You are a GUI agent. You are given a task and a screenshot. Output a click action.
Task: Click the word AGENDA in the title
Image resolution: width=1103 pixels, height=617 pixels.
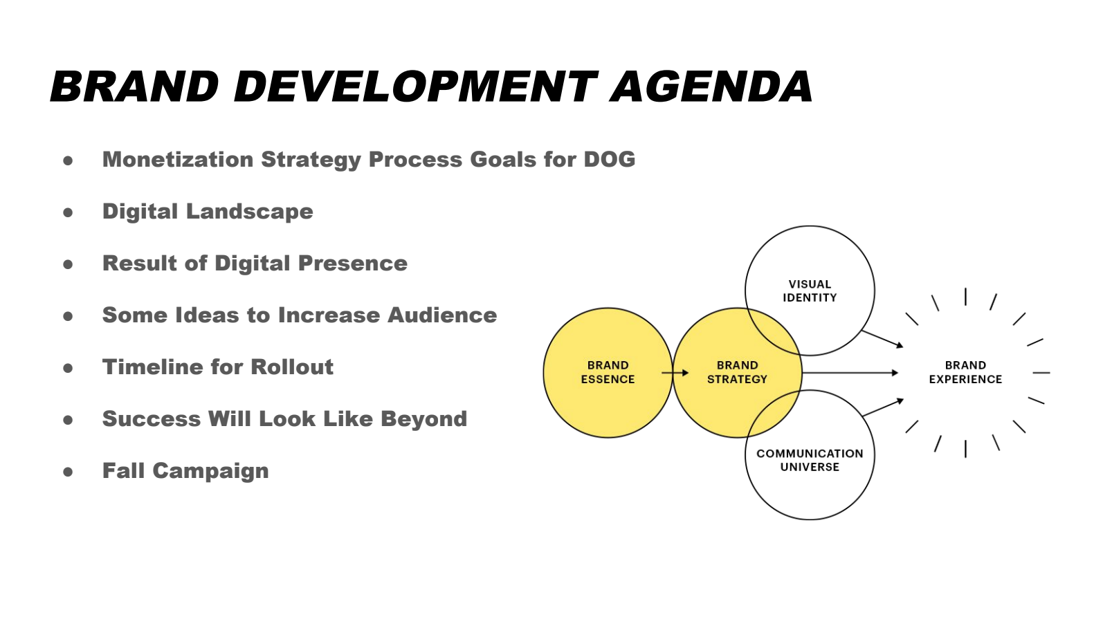pos(711,86)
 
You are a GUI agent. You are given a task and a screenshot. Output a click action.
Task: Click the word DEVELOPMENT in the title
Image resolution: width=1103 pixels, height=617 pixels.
pos(415,86)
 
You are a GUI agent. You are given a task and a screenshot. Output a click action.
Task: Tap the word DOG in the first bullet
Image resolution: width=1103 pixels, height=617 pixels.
pos(609,159)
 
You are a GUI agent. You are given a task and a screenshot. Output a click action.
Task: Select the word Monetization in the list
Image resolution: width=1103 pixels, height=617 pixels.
pos(178,159)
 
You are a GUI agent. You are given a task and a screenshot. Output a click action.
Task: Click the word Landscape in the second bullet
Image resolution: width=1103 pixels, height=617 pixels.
pos(249,212)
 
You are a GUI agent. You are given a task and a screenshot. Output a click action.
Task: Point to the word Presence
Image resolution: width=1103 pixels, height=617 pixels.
pos(353,264)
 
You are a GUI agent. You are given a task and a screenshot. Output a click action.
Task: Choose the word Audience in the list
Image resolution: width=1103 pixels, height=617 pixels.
pos(442,315)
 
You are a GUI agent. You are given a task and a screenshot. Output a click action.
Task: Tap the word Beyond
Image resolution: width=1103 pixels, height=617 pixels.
pos(423,418)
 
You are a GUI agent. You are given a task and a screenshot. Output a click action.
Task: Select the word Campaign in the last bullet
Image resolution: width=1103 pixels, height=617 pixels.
pos(210,471)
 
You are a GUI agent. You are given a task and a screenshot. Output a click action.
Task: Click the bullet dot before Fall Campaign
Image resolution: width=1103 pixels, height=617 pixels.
pos(68,472)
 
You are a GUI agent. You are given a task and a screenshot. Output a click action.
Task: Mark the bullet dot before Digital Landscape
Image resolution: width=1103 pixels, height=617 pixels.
pos(68,212)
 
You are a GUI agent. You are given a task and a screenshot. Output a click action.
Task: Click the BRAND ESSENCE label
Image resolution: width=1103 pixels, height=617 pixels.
pos(608,372)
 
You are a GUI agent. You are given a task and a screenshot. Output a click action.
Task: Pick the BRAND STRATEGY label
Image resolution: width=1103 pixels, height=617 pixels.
pos(737,372)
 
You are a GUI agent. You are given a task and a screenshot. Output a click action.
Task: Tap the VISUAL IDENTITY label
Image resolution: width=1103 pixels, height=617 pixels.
pos(810,291)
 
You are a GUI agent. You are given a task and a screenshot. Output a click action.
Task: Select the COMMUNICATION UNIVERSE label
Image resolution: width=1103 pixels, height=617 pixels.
pos(810,460)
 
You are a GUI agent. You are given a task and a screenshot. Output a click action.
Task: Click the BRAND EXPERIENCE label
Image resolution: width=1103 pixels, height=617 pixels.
pos(965,372)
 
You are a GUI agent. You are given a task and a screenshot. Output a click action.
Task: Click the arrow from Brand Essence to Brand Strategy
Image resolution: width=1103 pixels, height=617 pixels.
pos(675,373)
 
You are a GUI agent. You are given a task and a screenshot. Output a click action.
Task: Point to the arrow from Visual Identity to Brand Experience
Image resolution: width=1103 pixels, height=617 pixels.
pos(882,339)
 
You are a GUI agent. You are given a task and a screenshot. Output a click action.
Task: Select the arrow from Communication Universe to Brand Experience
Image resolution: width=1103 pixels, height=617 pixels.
pos(883,407)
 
